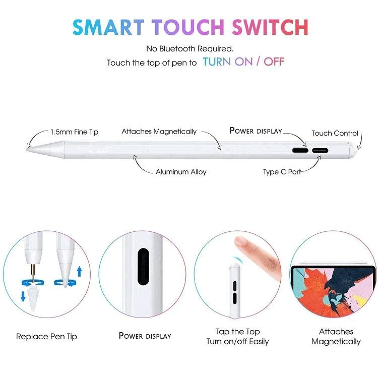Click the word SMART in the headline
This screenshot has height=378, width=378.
click(108, 27)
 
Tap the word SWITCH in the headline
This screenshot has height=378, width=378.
click(270, 27)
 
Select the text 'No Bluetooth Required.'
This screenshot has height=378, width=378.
click(190, 49)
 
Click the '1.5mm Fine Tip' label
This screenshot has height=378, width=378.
click(75, 132)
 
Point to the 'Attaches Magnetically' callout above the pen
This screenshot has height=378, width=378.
click(159, 132)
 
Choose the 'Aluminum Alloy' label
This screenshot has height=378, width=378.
click(181, 172)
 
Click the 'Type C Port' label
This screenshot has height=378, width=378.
click(282, 172)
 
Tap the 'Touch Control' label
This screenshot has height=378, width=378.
click(335, 133)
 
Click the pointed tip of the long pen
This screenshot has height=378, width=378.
click(27, 150)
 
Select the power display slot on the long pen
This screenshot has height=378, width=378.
click(300, 150)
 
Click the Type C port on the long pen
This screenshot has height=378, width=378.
click(320, 151)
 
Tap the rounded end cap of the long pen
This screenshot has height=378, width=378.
click(353, 150)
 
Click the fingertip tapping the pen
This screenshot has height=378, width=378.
click(240, 241)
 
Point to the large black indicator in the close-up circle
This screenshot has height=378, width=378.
click(143, 267)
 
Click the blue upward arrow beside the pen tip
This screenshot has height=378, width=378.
click(79, 271)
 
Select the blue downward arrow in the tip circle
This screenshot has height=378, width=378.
click(23, 296)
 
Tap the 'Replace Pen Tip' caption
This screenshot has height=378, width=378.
click(46, 337)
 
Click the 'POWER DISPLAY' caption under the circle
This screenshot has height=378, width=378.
click(145, 336)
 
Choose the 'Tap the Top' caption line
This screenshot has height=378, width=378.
click(238, 332)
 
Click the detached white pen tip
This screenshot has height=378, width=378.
click(32, 299)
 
